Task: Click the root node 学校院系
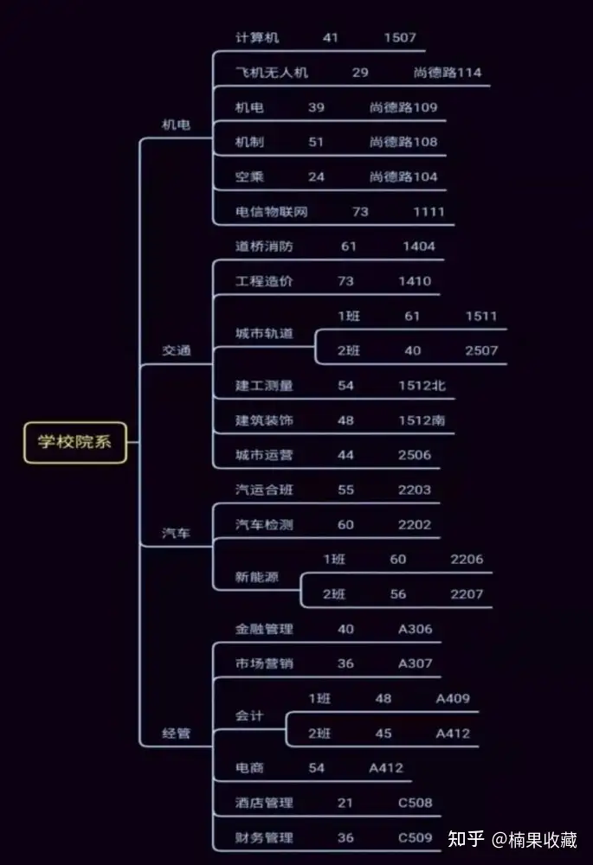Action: [74, 441]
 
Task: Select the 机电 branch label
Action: [176, 125]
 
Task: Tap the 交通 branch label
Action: [176, 350]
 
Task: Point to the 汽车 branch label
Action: [176, 533]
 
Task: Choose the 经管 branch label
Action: [176, 734]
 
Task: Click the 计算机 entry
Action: [257, 38]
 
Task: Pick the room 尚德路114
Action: [448, 73]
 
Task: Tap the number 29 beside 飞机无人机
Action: [360, 73]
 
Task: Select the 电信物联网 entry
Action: [271, 212]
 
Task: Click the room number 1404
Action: [419, 247]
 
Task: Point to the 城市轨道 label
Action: [264, 334]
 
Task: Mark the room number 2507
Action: [481, 350]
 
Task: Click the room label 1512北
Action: [422, 386]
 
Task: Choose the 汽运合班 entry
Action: [264, 490]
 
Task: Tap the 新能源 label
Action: [257, 577]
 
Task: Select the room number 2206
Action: [467, 560]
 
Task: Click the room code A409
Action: [453, 699]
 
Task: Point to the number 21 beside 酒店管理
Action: [345, 803]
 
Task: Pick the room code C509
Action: [416, 837]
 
